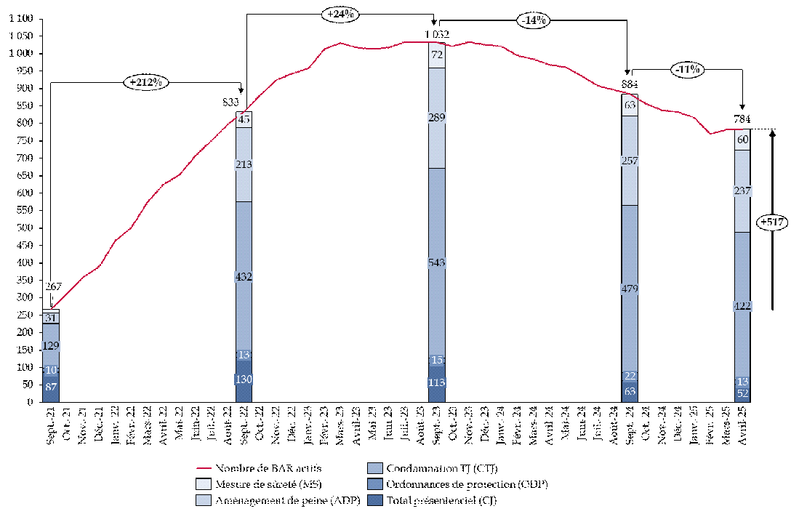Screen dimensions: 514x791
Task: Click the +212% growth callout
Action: click(147, 81)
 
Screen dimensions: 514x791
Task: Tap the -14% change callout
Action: click(534, 20)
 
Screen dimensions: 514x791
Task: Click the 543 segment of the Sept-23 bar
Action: click(437, 262)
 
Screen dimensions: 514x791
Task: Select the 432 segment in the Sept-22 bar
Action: click(244, 277)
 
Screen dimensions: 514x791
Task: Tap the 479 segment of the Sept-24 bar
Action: click(630, 289)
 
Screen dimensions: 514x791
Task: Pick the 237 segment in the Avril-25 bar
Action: click(742, 191)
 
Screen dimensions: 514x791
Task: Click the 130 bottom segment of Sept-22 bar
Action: click(244, 380)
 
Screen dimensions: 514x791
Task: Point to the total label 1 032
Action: click(437, 34)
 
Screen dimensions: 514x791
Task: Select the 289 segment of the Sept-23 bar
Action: click(437, 118)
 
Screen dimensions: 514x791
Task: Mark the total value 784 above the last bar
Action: click(742, 119)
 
